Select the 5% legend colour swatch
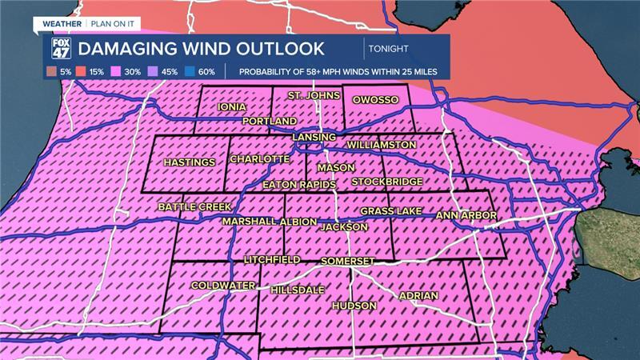(x=55, y=72)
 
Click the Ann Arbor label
(x=466, y=215)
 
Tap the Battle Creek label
(x=194, y=206)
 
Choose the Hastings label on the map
(x=189, y=162)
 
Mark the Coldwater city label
(x=222, y=286)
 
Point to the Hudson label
(x=353, y=306)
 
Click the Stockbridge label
(x=386, y=182)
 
